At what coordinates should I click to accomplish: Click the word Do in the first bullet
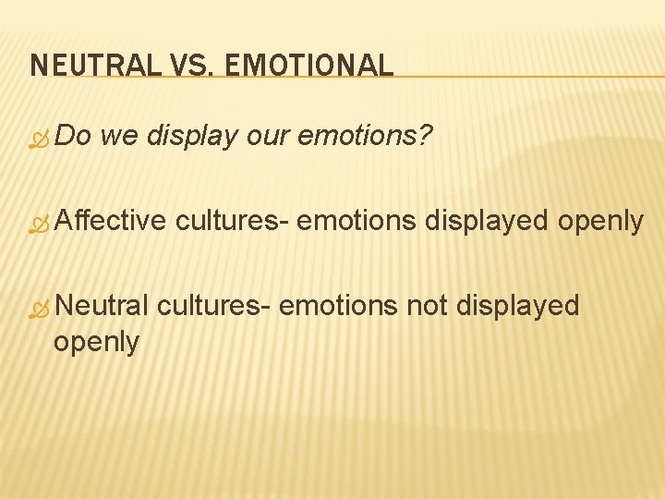click(x=73, y=136)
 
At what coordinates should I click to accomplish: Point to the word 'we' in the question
click(x=119, y=138)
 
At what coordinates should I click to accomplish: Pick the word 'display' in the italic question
click(x=192, y=138)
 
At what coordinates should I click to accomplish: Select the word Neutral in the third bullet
click(x=102, y=305)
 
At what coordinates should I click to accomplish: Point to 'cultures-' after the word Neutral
click(x=213, y=305)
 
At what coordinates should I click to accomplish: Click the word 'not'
click(x=427, y=305)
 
